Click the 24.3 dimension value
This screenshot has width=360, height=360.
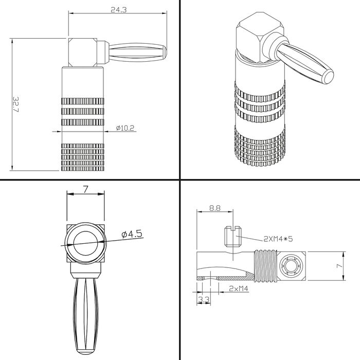[118, 10]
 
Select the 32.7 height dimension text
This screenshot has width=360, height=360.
[16, 104]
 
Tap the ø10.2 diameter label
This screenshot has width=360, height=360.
[125, 128]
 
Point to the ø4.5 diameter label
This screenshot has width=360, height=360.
[132, 234]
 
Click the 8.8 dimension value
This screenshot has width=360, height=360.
[215, 208]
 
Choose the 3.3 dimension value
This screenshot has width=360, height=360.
[204, 299]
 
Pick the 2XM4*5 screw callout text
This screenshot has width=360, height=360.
[278, 239]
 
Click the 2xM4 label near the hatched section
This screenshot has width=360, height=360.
[239, 289]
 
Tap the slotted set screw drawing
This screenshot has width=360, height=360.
[233, 237]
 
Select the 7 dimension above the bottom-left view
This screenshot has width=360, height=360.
[85, 190]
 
